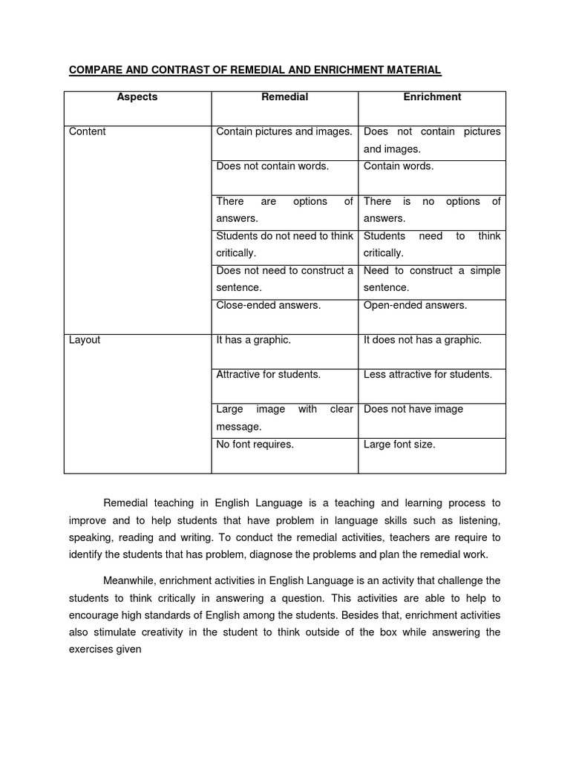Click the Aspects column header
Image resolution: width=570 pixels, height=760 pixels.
point(137,97)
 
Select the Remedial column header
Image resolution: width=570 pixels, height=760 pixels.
point(284,97)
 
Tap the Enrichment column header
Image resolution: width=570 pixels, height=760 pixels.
point(432,97)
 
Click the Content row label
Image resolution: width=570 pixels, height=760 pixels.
point(88,132)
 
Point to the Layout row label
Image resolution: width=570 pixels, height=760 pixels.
point(85,340)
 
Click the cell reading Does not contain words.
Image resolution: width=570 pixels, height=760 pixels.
point(272,166)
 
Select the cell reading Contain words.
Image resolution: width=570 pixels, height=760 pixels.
point(398,166)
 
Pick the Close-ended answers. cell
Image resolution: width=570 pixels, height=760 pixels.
point(268,305)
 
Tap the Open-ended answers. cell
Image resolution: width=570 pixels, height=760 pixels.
point(415,305)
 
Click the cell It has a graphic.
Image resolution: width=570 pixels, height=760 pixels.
point(253,340)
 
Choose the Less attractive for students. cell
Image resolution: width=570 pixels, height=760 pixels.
point(427,375)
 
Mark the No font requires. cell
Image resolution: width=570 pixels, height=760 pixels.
point(255,445)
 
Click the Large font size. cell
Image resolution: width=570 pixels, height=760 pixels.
point(399,445)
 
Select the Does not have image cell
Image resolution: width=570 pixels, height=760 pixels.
point(413,410)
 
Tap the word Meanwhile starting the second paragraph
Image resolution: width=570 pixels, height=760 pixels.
point(129,580)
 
